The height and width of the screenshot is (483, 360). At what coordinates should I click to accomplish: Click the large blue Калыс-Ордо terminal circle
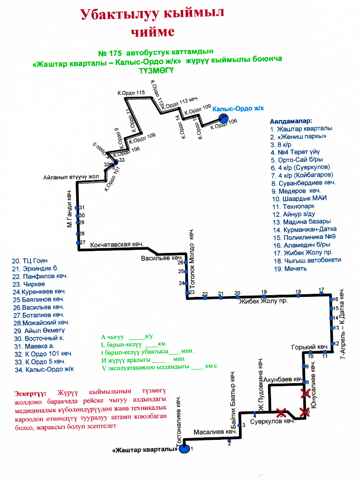pyautogui.click(x=224, y=118)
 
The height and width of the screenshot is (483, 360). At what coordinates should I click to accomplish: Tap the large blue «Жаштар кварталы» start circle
pyautogui.click(x=184, y=449)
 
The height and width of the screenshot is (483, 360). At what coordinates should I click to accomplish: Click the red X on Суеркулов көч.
pyautogui.click(x=281, y=413)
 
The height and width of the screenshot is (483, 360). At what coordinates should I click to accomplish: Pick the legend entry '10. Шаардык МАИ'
pyautogui.click(x=299, y=198)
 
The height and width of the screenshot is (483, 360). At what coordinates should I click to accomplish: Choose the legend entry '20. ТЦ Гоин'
pyautogui.click(x=29, y=260)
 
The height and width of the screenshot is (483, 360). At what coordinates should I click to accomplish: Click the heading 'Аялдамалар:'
pyautogui.click(x=291, y=120)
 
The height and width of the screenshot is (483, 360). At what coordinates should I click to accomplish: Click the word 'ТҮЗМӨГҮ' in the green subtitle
pyautogui.click(x=157, y=70)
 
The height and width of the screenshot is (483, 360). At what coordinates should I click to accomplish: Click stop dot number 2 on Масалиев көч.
pyautogui.click(x=229, y=439)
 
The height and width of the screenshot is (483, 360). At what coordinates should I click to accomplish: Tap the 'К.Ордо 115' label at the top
pyautogui.click(x=131, y=92)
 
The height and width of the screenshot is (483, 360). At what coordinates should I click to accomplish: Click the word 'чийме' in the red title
pyautogui.click(x=152, y=31)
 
